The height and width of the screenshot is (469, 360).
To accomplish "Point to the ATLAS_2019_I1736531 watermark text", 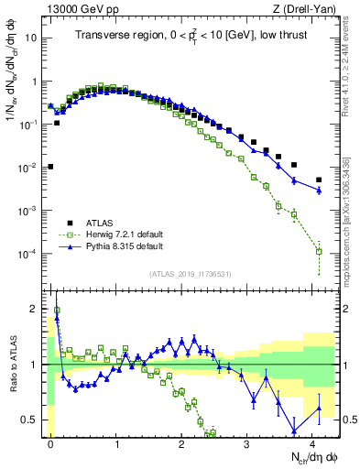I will tap(190, 274).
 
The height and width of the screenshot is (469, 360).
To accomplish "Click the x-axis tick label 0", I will tap(51, 442).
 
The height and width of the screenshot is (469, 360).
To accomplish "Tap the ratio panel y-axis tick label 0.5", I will tap(30, 420).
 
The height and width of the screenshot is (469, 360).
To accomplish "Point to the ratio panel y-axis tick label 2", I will tap(35, 309).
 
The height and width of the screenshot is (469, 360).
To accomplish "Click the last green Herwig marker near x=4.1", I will tap(319, 251).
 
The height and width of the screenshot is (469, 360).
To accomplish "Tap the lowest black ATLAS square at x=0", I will tap(51, 167).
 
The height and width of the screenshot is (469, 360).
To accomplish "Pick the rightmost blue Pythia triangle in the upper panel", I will tap(319, 190).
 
